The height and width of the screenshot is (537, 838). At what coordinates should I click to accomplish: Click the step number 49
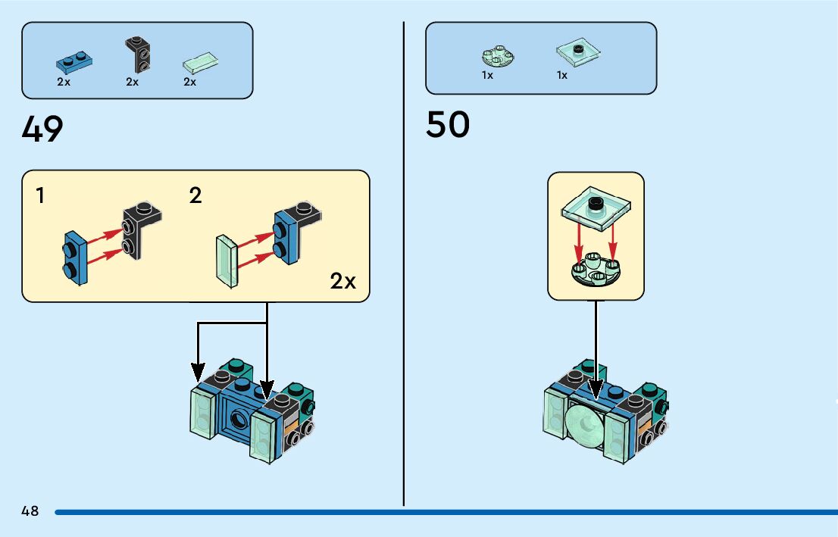coord(42,129)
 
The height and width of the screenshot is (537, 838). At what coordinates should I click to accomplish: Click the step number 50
coord(448,124)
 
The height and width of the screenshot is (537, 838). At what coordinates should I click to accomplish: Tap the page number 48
coord(30,510)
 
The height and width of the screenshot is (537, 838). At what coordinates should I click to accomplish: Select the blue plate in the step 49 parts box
coord(74,62)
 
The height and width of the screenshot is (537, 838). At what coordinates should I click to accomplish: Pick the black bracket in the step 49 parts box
coord(138,54)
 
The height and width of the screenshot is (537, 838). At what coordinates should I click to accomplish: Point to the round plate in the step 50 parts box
coord(498,56)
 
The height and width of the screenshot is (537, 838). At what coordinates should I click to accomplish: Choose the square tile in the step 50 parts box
coord(578,52)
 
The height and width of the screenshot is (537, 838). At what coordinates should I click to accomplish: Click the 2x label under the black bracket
coord(132,82)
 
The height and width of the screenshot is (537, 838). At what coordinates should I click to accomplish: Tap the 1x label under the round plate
coord(487,75)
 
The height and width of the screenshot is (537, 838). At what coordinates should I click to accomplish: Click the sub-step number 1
coord(40,195)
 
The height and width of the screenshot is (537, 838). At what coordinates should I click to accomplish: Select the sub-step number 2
coord(195,195)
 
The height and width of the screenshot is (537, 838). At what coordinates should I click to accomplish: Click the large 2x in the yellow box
coord(342,281)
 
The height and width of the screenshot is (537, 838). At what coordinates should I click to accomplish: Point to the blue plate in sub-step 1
coord(75,258)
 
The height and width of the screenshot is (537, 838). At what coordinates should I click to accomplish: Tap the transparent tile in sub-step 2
coord(227,261)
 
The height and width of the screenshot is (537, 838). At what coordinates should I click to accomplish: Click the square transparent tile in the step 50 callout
coord(596,208)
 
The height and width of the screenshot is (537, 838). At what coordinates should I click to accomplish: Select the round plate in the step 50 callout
coord(596,269)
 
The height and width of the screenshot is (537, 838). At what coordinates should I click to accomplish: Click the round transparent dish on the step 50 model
coord(585,425)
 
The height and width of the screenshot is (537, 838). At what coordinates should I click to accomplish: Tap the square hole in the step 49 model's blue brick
coord(237,418)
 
